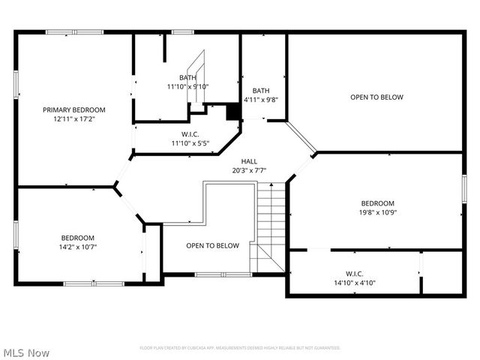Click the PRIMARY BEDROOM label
tap(73, 109)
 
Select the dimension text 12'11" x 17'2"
tap(73, 119)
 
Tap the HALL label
tap(250, 161)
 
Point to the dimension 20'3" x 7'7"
tap(250, 170)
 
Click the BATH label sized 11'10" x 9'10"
tap(187, 77)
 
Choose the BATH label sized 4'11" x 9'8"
tap(261, 90)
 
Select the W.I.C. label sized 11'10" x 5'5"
tap(190, 134)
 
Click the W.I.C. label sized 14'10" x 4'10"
tap(355, 274)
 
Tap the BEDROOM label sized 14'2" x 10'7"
tap(78, 238)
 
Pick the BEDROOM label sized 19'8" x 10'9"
tap(377, 203)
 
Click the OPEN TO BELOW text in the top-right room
tap(376, 97)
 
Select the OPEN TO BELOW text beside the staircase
tap(212, 245)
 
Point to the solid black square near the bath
tap(234, 112)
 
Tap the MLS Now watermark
tap(26, 352)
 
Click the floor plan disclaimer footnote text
tap(240, 348)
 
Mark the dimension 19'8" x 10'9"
tap(377, 212)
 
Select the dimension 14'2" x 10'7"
tap(78, 247)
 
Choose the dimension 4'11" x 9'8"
tap(261, 99)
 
